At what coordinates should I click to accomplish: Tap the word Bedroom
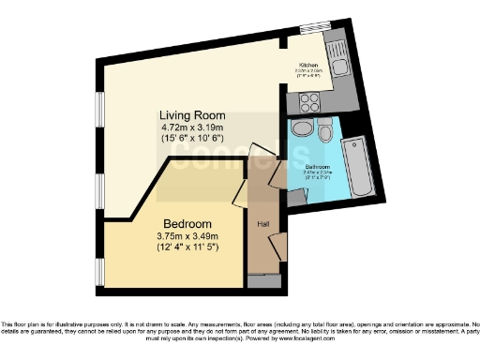[x=187, y=223]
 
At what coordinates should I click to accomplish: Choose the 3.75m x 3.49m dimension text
[x=187, y=236]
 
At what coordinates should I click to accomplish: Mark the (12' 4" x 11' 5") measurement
[x=187, y=248]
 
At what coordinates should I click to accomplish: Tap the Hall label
[x=264, y=223]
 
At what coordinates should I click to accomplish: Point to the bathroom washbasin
[x=302, y=129]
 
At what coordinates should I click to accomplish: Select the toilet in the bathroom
[x=324, y=131]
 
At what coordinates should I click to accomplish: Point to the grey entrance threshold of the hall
[x=263, y=280]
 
